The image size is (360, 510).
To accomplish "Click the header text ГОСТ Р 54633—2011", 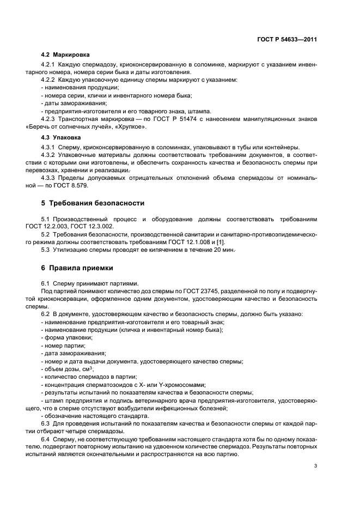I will coord(288,39).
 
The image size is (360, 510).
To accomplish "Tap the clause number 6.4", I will coord(46,439).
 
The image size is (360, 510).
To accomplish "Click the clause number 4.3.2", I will coord(50,155).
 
